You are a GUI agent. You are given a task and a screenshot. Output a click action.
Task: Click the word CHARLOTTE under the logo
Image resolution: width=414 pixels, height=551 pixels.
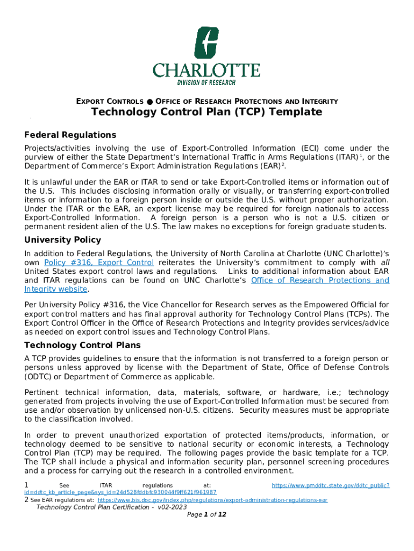point(206,70)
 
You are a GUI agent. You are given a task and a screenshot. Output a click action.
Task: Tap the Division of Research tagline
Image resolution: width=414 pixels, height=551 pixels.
point(206,82)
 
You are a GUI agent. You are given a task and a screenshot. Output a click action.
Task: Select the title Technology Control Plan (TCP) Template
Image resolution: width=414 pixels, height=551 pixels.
point(206,112)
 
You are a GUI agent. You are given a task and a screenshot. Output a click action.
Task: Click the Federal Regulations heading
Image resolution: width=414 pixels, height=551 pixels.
point(70,135)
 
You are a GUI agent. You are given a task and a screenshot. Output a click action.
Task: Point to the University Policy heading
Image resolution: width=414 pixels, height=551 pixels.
point(62,240)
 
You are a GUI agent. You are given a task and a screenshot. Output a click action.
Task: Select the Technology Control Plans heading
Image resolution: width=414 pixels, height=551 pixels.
point(82,345)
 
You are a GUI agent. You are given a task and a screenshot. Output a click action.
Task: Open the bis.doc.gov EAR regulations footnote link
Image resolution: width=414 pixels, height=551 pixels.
point(212,500)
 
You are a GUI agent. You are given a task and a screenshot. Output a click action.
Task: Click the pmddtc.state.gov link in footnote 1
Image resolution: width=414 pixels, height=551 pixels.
point(330,485)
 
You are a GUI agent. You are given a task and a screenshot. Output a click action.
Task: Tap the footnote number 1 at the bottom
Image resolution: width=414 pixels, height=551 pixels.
point(27,485)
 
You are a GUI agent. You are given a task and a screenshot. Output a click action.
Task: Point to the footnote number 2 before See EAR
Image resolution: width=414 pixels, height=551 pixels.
point(26,500)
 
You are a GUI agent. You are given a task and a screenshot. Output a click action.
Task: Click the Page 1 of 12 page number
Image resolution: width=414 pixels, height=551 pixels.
point(206,515)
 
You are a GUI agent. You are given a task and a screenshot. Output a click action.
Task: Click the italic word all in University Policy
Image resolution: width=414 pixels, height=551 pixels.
point(384,263)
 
